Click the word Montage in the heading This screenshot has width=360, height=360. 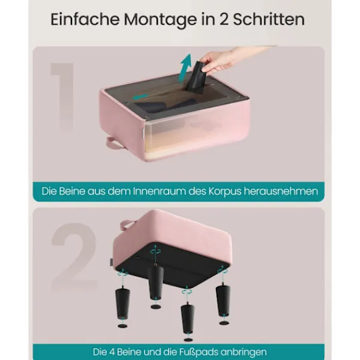click(x=160, y=20)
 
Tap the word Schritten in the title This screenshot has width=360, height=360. click(x=269, y=19)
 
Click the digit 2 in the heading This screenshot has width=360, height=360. click(x=224, y=20)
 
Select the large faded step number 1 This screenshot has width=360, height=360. click(x=62, y=97)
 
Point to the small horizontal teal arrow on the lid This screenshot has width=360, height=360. click(x=140, y=97)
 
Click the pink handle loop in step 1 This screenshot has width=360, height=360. click(x=113, y=143)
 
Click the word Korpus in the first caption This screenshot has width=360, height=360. click(x=225, y=191)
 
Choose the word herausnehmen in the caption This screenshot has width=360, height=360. click(x=281, y=191)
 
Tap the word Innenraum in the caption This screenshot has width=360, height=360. click(x=159, y=191)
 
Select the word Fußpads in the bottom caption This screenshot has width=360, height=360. click(x=199, y=352)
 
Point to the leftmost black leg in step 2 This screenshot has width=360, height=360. click(x=122, y=303)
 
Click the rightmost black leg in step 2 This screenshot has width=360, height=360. click(x=223, y=300)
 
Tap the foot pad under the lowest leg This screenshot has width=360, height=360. click(x=188, y=340)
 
